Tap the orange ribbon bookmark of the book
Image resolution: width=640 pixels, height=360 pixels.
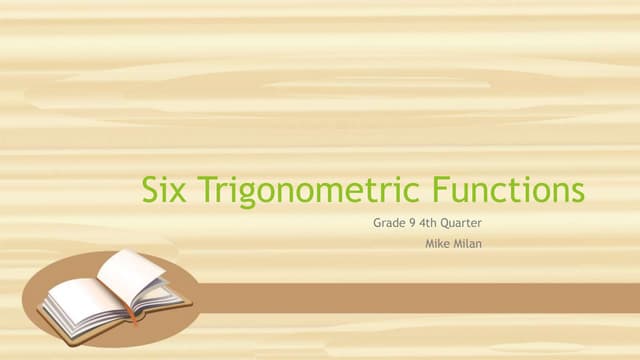pos(133,313)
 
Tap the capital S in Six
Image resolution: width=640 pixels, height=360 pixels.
pos(150,190)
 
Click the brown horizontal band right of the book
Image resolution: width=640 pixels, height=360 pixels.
pos(420,297)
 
